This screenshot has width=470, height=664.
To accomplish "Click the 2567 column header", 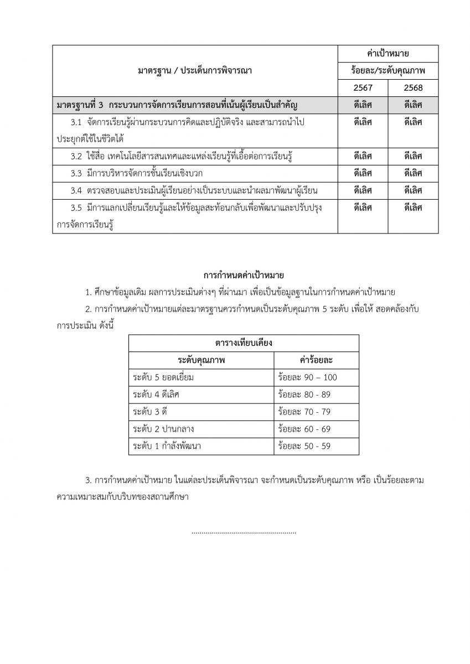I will tap(363, 87).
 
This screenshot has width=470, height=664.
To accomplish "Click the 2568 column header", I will tap(413, 87).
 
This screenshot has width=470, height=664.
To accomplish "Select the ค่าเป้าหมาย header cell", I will tap(388, 53).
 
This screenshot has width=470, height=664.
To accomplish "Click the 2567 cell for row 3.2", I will tap(363, 156).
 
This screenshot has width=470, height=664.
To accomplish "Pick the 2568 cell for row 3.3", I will tap(413, 173).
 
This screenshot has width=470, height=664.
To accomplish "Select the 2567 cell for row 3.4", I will tap(363, 190).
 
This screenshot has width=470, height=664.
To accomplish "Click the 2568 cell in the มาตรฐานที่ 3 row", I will tap(413, 105).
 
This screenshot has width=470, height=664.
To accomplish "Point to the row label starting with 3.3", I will tap(138, 173).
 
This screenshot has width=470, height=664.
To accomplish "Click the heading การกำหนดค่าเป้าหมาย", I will tap(239, 274).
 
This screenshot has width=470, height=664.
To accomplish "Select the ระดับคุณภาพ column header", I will tap(202, 360).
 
